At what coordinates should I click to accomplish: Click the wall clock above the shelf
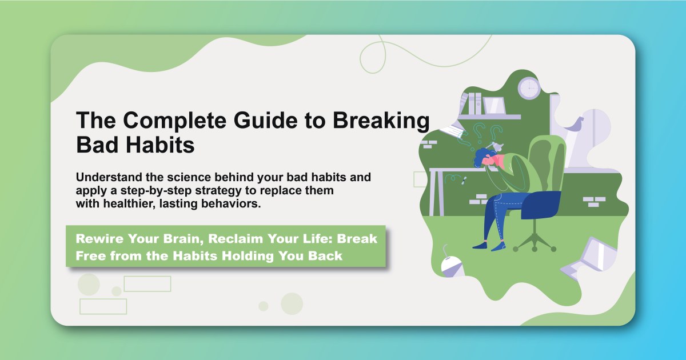click(529, 88)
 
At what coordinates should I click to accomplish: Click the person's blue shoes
click(489, 246)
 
